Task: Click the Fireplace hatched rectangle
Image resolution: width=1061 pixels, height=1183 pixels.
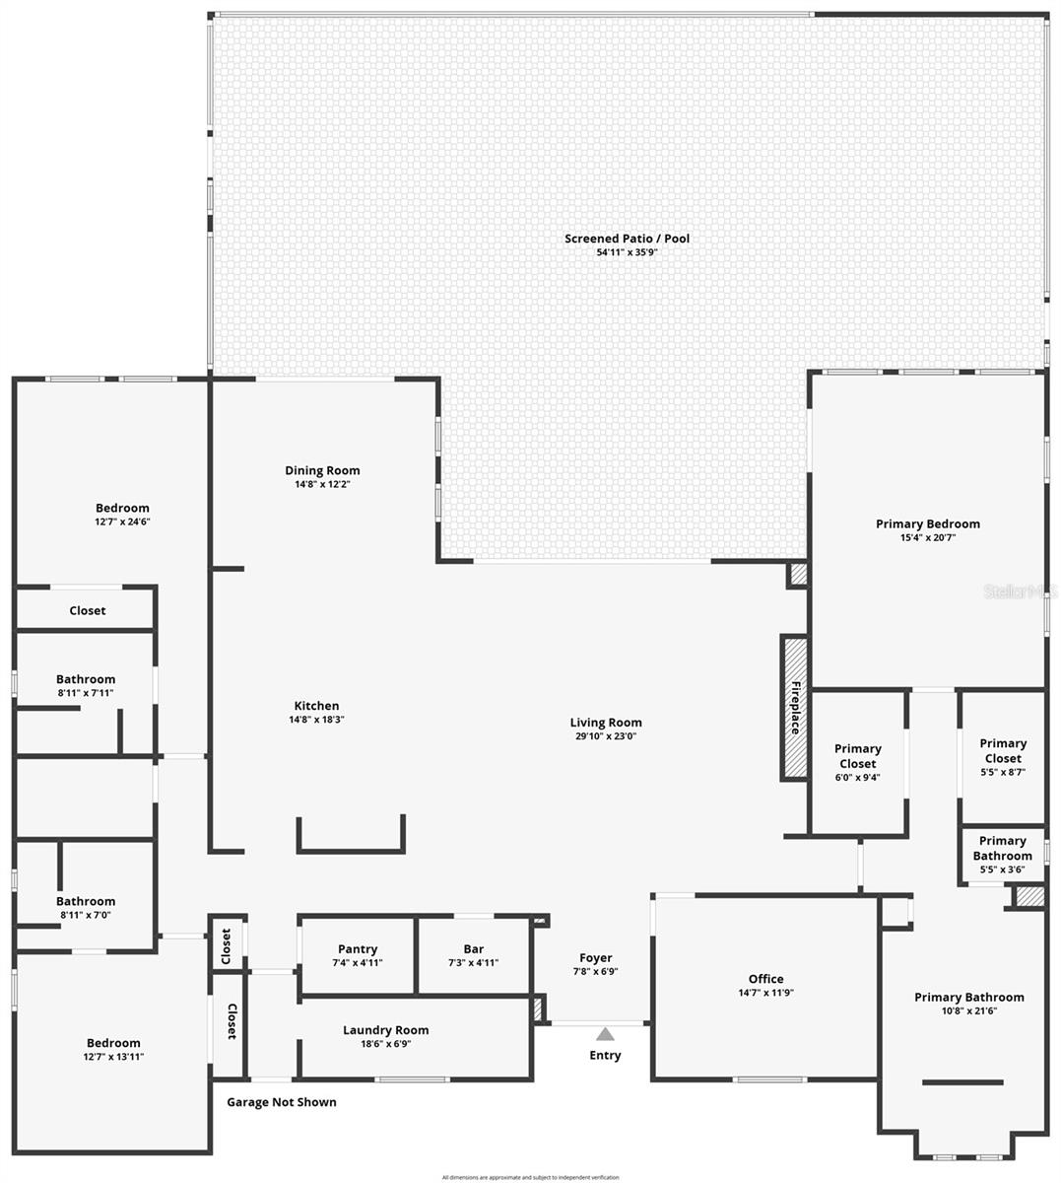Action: click(794, 708)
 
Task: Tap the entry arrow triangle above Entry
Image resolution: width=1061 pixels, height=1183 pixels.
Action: click(605, 1034)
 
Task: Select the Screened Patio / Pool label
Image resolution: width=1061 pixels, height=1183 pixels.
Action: click(627, 239)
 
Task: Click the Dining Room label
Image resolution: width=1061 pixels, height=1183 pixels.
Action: click(322, 470)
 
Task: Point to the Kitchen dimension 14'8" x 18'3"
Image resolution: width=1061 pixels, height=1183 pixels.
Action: click(316, 720)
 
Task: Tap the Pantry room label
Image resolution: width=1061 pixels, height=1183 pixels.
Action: click(358, 949)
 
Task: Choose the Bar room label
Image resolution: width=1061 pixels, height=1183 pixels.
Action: click(473, 949)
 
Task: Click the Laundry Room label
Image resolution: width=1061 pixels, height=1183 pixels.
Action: click(385, 1030)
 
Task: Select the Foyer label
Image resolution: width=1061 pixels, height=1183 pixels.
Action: click(595, 957)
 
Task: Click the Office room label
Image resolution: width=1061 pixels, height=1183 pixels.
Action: click(765, 979)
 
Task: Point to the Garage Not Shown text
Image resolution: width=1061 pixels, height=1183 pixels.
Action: click(282, 1102)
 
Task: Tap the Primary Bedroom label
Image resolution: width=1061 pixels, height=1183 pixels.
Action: click(927, 523)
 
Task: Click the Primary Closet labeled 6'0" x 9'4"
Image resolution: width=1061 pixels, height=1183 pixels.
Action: click(857, 756)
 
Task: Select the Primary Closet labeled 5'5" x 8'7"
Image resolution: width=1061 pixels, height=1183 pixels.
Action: click(1002, 750)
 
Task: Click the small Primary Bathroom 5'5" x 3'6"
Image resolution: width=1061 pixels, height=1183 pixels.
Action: click(1002, 848)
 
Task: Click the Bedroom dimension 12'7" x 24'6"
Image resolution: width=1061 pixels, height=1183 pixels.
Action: click(122, 522)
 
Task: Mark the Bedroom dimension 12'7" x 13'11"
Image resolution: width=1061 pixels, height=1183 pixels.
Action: click(113, 1057)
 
